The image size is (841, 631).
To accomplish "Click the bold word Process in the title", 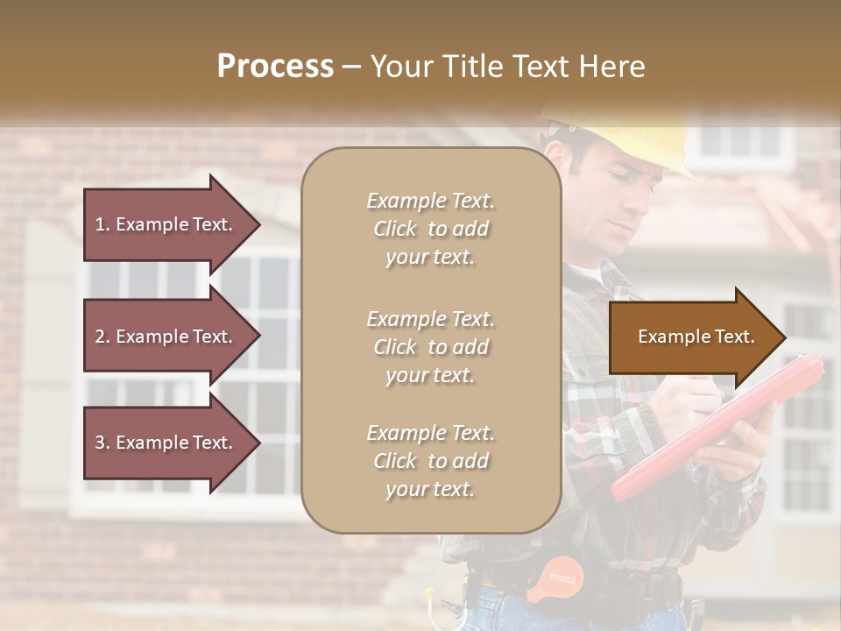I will (x=275, y=67).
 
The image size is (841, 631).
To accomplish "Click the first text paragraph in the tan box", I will (x=430, y=229).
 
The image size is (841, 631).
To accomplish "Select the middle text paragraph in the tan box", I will (x=430, y=347).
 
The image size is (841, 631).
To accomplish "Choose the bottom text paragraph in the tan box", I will (x=430, y=461).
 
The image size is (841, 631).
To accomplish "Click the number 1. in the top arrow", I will (x=102, y=224).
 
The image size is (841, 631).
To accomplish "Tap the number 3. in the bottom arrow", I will (x=102, y=443).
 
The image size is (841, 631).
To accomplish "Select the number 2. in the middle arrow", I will (x=102, y=337).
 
